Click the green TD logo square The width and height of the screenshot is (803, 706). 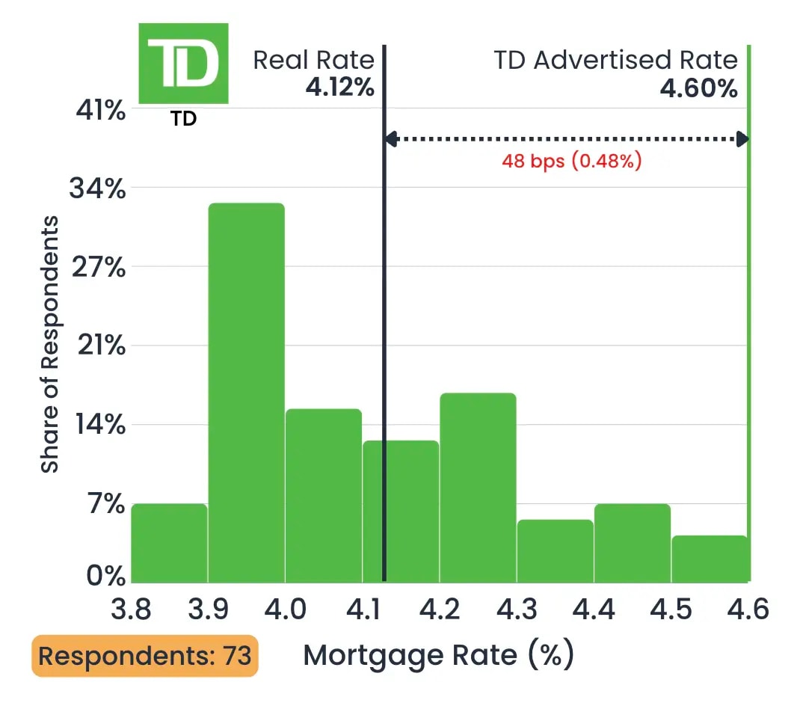tap(183, 64)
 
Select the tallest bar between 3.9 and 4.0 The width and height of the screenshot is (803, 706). tap(246, 393)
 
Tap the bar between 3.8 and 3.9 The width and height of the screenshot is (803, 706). tap(169, 543)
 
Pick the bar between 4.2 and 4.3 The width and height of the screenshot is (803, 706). tap(478, 488)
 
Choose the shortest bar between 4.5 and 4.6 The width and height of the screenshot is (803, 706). tap(710, 559)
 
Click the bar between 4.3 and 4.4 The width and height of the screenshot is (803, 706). tap(555, 551)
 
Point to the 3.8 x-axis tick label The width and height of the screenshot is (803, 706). tap(131, 610)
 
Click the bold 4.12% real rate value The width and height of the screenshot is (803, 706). tap(339, 88)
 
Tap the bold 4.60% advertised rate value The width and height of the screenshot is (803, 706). tap(698, 88)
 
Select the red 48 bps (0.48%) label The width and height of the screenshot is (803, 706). tap(571, 161)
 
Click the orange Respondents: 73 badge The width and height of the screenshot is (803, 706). tap(144, 656)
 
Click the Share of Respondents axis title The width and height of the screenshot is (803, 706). tap(49, 344)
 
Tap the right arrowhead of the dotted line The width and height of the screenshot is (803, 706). tap(742, 138)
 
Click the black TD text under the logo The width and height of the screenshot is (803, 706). tap(183, 119)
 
